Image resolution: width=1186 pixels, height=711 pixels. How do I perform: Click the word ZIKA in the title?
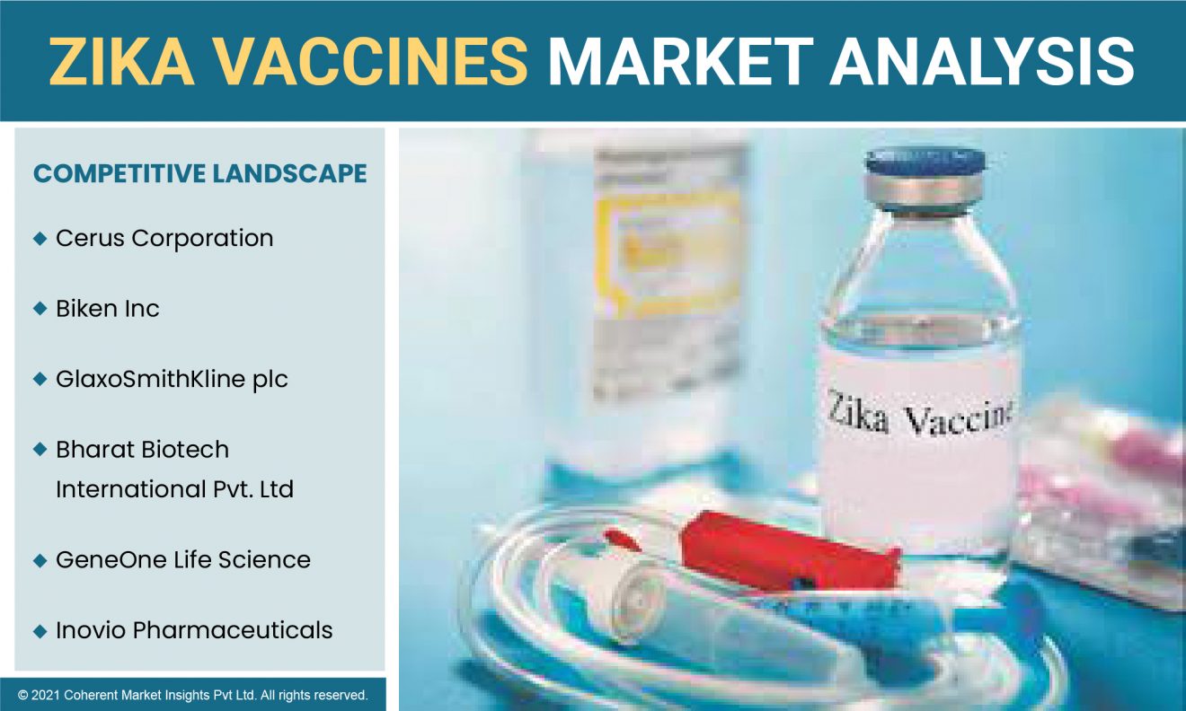click(x=121, y=61)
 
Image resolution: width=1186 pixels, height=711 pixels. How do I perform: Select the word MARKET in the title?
click(x=680, y=61)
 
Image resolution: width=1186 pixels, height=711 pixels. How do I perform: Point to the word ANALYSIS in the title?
click(x=982, y=61)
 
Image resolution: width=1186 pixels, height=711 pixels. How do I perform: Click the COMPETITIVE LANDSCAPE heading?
click(x=200, y=173)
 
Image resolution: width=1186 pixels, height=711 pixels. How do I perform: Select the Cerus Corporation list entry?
click(x=164, y=239)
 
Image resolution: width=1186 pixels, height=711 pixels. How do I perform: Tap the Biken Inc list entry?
click(x=108, y=309)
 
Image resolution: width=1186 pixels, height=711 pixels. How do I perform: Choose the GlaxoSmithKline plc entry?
click(x=173, y=380)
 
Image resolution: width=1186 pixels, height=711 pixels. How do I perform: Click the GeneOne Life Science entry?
click(x=183, y=559)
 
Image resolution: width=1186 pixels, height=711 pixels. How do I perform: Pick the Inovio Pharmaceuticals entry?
click(x=194, y=630)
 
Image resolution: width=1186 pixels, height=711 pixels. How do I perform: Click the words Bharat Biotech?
click(x=143, y=450)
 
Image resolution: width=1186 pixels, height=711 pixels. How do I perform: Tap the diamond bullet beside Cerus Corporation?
click(x=40, y=239)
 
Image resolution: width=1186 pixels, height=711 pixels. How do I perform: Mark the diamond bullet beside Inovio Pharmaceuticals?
click(x=40, y=631)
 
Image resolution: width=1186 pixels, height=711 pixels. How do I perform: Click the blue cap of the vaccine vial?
click(x=925, y=161)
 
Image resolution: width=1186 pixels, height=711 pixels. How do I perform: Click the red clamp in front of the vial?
click(x=789, y=553)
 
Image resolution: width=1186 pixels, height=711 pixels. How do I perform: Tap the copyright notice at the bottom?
click(x=192, y=695)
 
